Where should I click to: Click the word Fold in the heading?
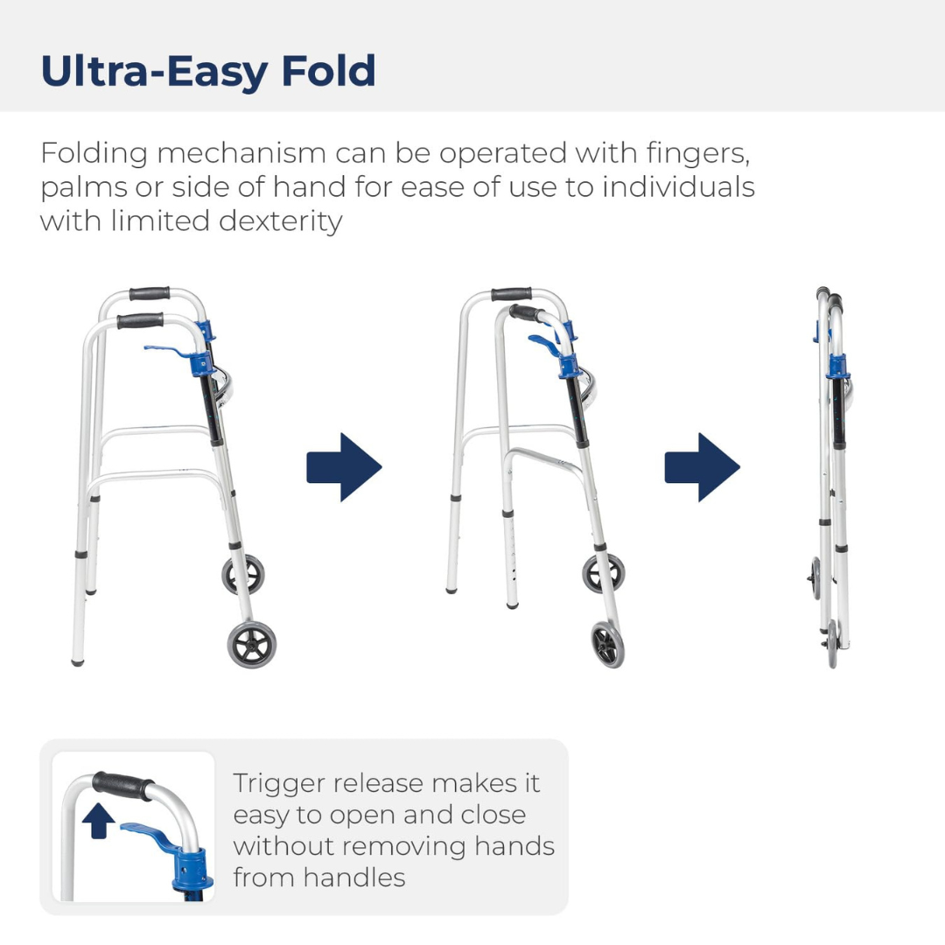[x=328, y=71]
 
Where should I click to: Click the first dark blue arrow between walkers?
[x=344, y=467]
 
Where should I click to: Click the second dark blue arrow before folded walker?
[x=702, y=467]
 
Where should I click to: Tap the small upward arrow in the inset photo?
[x=99, y=822]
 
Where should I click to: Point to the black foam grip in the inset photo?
[x=122, y=785]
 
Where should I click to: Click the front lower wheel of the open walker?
[x=252, y=646]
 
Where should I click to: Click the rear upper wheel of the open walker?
[x=242, y=575]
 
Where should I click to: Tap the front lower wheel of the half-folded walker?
[x=607, y=645]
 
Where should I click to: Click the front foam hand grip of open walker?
[x=140, y=320]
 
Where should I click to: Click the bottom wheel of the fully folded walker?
[x=832, y=645]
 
